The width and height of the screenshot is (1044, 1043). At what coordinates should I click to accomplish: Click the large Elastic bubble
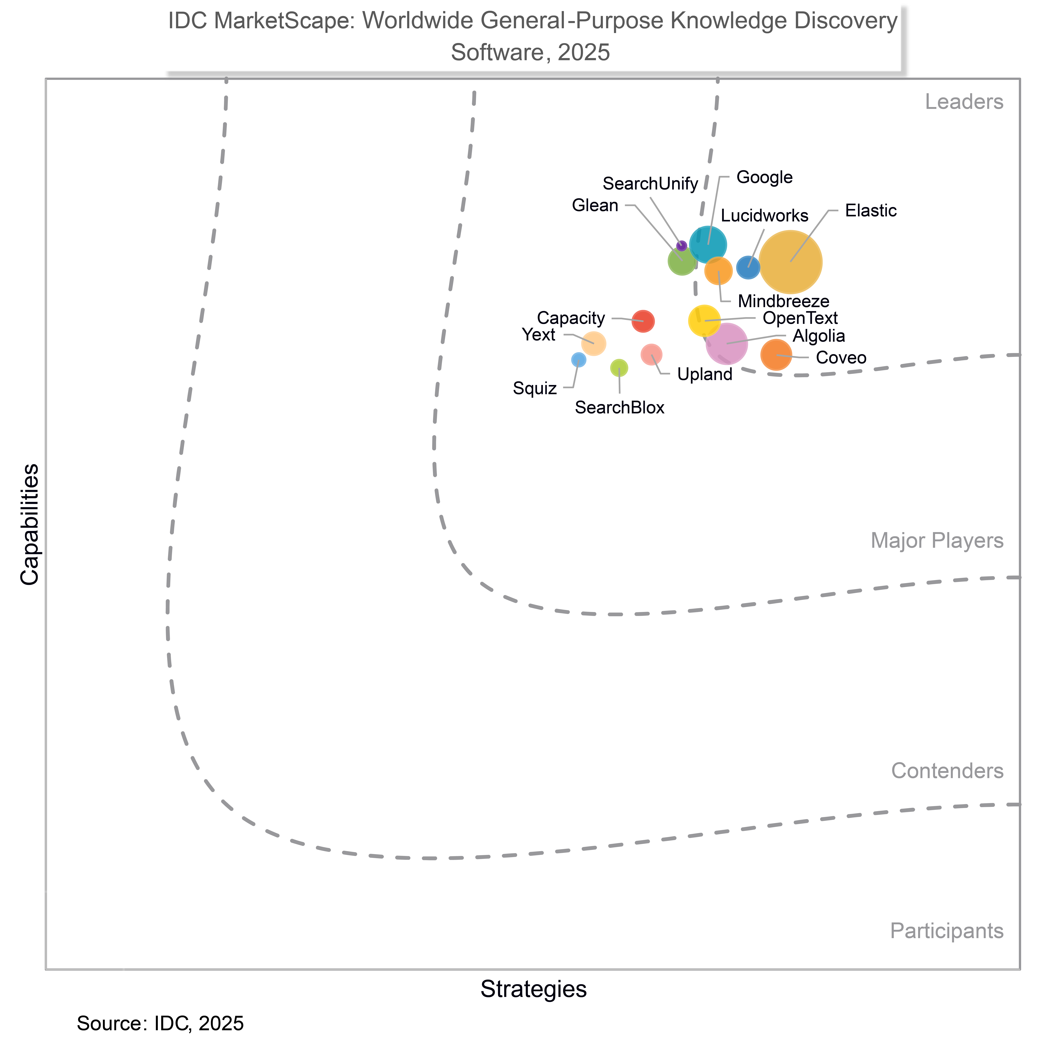tap(791, 262)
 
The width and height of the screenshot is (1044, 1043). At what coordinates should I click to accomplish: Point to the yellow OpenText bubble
tap(704, 320)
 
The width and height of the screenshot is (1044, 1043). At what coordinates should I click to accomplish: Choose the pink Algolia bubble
tap(727, 343)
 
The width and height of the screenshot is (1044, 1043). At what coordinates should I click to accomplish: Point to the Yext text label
tap(539, 335)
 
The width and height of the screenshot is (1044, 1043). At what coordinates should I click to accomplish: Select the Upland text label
tap(705, 375)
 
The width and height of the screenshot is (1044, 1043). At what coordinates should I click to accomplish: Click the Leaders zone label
tap(964, 102)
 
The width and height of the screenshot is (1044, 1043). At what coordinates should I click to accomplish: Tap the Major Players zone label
tap(937, 540)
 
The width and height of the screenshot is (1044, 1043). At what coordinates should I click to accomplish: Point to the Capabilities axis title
tap(30, 524)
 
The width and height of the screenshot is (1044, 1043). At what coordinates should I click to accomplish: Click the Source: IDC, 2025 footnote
tap(160, 1023)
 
